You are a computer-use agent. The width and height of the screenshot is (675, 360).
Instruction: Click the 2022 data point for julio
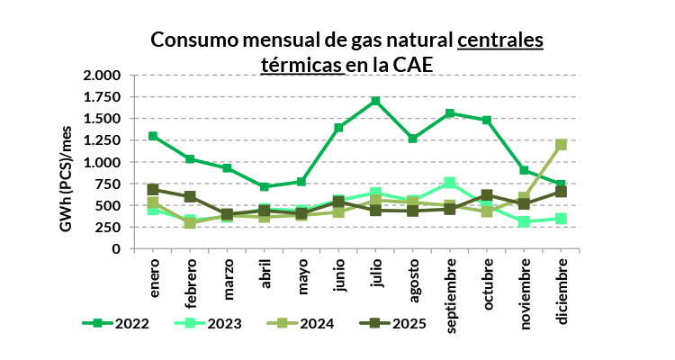[x=375, y=101]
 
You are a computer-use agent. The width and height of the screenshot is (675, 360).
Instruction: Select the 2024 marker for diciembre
[x=562, y=144]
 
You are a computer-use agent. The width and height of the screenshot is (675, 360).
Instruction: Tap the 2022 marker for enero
[x=153, y=136]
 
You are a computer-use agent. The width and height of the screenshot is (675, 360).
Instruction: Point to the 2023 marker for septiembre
[x=450, y=183]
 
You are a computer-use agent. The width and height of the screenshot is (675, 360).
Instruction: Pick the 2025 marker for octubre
[x=487, y=195]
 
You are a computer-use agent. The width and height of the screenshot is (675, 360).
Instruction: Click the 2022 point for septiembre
[x=450, y=113]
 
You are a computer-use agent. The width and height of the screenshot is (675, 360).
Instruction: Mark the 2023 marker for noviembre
[x=525, y=221]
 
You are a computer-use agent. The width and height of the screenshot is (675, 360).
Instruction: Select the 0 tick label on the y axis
[x=116, y=249]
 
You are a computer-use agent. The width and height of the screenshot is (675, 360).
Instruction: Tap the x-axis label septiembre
[x=451, y=285]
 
